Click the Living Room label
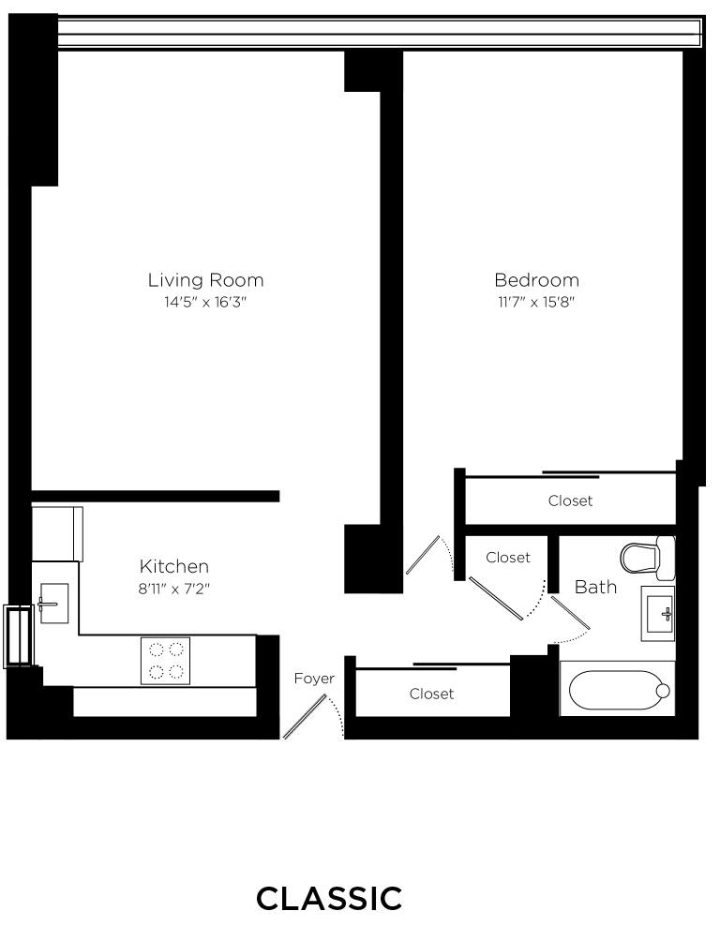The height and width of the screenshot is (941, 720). tap(205, 279)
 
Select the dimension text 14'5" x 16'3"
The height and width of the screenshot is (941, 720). tap(205, 303)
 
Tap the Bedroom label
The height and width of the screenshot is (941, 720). tap(536, 279)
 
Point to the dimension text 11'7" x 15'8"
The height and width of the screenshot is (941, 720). tap(536, 303)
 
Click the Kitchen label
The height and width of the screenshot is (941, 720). tap(173, 566)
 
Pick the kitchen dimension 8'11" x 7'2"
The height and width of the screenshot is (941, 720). tap(173, 590)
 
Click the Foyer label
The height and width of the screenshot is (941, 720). tap(314, 678)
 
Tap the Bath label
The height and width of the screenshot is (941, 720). tap(595, 587)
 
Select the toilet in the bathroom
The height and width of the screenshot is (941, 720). tap(647, 557)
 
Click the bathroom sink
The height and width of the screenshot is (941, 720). tap(657, 613)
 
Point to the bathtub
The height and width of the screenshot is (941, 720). tap(616, 691)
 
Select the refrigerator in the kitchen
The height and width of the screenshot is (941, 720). tap(56, 533)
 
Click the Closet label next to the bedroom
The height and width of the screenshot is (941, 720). tap(570, 500)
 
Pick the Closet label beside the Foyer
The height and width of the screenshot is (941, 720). tap(431, 694)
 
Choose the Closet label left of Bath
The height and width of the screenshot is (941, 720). tap(508, 557)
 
